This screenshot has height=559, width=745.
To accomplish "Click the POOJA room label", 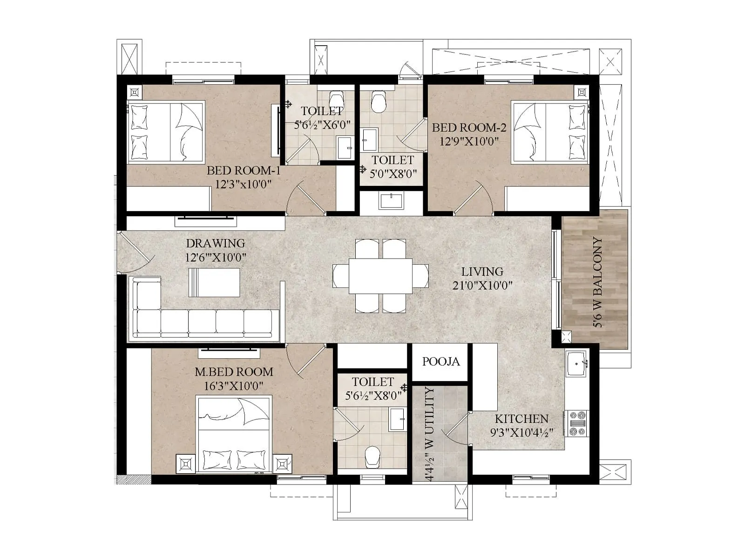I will click(x=440, y=361).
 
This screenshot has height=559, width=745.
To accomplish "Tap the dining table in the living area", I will click(x=380, y=276).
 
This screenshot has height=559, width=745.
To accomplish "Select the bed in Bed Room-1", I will click(x=166, y=131).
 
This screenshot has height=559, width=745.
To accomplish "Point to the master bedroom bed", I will click(x=234, y=434).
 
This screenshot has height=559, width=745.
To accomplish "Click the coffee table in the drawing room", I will click(x=214, y=282).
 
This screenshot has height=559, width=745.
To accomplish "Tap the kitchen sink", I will click(x=576, y=363).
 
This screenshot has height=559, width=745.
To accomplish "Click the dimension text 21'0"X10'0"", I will click(x=482, y=285).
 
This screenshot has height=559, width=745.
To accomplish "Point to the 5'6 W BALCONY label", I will click(x=598, y=282).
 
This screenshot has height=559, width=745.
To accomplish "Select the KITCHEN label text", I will click(x=521, y=418).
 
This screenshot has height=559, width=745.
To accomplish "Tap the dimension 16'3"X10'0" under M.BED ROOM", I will click(x=234, y=386).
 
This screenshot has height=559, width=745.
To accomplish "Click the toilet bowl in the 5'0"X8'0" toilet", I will click(x=379, y=102).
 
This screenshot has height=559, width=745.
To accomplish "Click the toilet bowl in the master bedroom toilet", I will click(x=372, y=457).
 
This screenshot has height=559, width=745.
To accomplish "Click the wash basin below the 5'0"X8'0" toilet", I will click(x=391, y=201).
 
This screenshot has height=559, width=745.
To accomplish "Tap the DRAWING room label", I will click(x=215, y=243).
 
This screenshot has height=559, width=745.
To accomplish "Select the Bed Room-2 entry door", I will click(x=473, y=199).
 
